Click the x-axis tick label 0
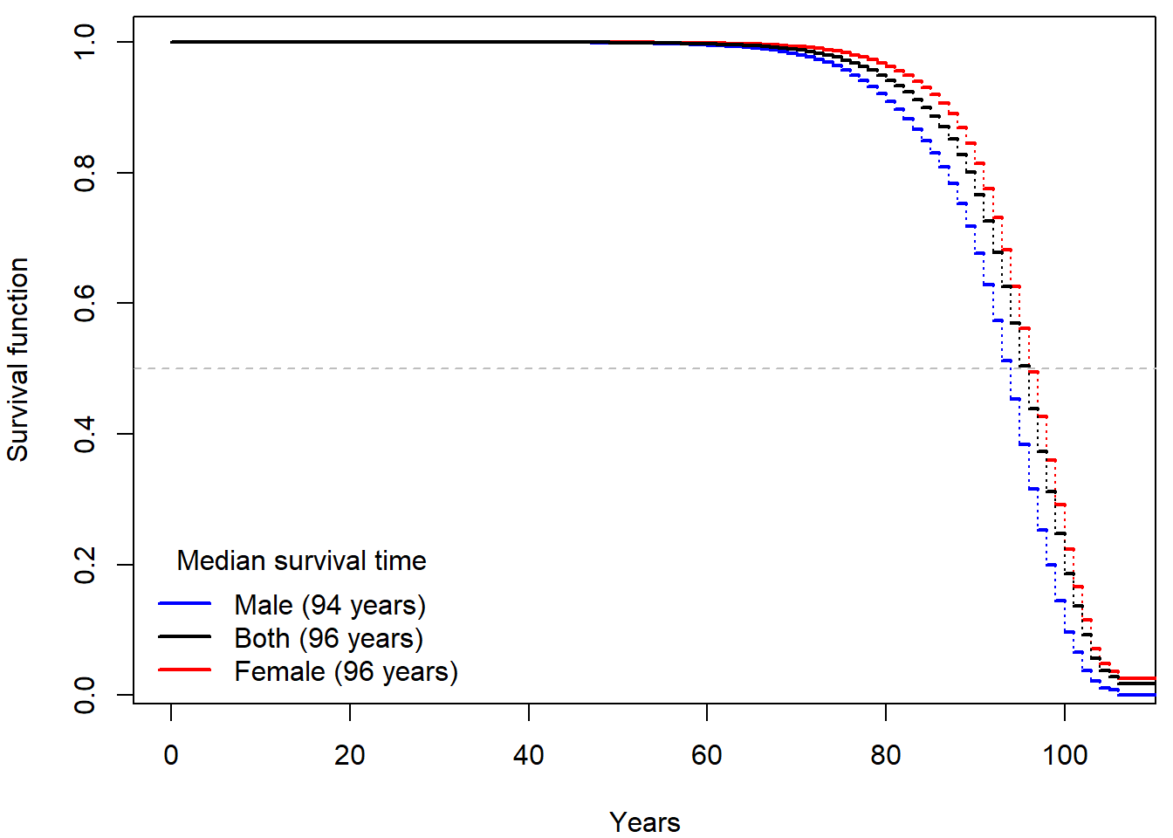pos(171,755)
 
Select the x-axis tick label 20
pos(350,755)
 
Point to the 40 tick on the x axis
pos(528,755)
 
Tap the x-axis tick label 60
pos(707,755)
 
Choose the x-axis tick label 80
pos(886,755)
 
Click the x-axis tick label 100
pos(1065,755)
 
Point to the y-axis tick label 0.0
pos(85,695)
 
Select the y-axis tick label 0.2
pos(85,565)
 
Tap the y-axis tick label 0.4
pos(85,434)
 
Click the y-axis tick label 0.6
pos(85,303)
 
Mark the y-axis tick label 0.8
pos(85,173)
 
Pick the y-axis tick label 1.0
pos(85,42)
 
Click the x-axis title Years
pos(645,822)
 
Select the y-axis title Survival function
pos(18,360)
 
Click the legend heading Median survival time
pos(301,560)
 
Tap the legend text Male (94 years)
pos(330,605)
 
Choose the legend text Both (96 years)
pos(328,638)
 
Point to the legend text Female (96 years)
pos(346,671)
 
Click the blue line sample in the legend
pos(185,603)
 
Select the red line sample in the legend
pos(185,670)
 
